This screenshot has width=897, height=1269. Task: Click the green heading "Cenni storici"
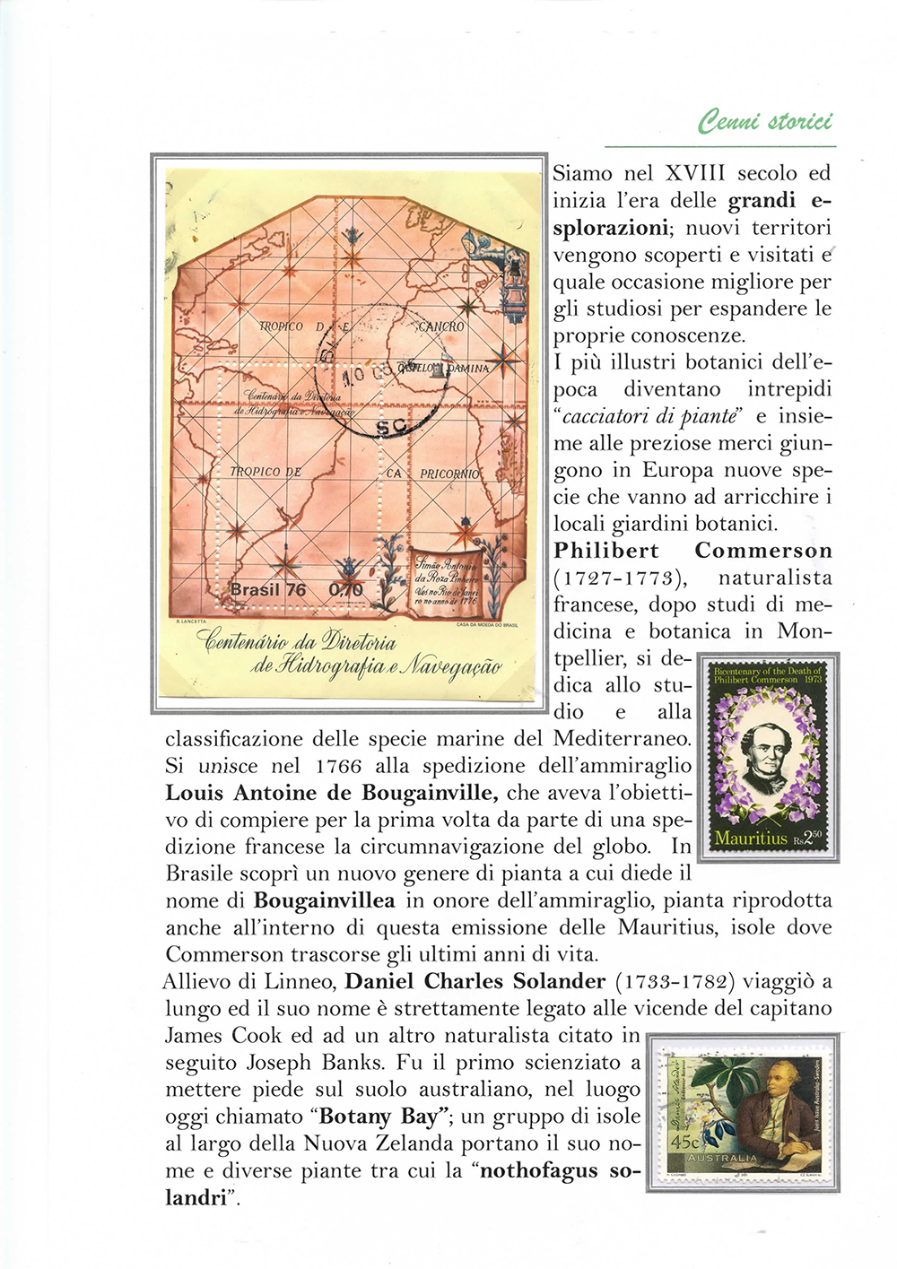click(x=764, y=120)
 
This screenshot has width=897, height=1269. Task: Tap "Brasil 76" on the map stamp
click(x=268, y=589)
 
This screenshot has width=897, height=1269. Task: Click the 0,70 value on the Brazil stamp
click(x=346, y=589)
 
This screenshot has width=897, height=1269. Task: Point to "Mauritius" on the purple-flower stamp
click(x=750, y=838)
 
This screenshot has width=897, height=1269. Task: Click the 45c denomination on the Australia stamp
click(x=685, y=1143)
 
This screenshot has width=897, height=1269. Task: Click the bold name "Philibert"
click(x=606, y=551)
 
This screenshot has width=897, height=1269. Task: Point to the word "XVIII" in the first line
click(x=695, y=173)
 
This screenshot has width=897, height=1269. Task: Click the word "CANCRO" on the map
click(x=440, y=326)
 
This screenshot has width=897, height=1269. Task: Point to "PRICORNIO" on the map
click(x=450, y=473)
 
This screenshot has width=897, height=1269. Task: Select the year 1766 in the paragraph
click(x=339, y=766)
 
